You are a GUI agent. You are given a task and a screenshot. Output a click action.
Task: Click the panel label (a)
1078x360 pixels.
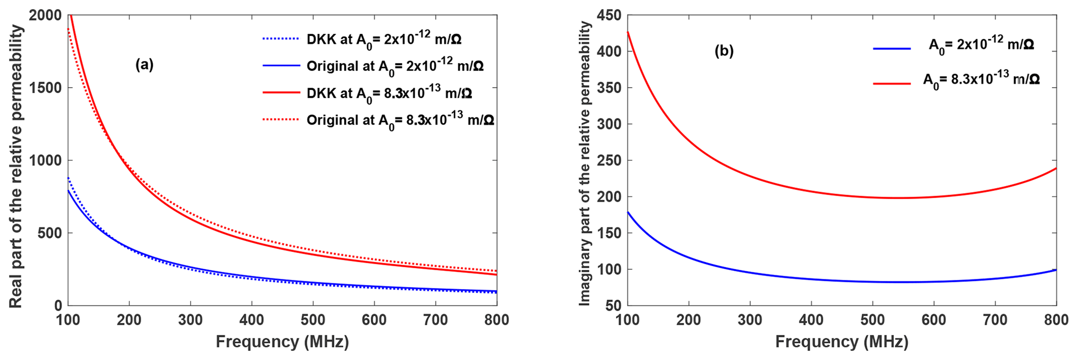144,65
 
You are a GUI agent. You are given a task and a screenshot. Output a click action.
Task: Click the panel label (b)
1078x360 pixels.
724,51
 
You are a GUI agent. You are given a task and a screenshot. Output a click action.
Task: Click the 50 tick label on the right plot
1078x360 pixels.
614,305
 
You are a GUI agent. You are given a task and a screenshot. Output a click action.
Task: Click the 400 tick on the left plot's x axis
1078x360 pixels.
251,319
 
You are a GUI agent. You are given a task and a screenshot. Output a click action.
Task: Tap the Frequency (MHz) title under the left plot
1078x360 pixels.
282,342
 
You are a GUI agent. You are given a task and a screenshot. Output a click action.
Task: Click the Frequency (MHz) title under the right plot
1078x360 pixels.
842,342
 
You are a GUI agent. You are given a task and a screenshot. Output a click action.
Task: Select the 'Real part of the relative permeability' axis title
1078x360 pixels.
17,166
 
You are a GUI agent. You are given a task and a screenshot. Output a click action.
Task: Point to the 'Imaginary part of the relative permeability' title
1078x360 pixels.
585,163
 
